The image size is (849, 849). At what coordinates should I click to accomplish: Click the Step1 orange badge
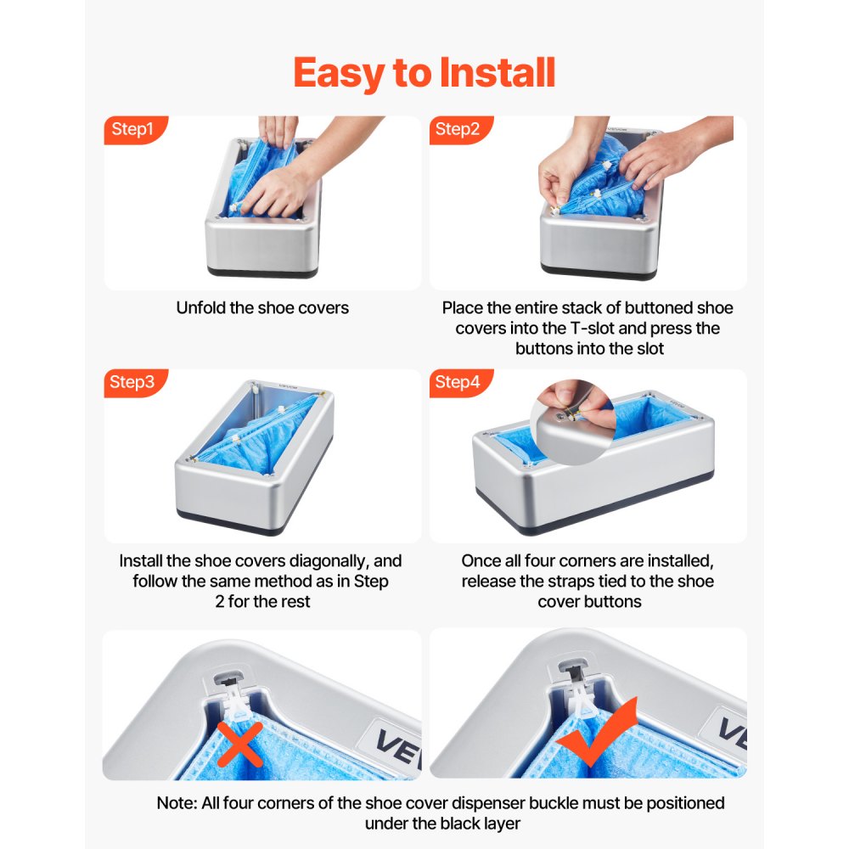pyautogui.click(x=133, y=130)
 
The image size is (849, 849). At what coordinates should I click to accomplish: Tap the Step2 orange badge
pyautogui.click(x=458, y=130)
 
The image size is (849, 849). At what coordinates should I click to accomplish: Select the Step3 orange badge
pyautogui.click(x=133, y=382)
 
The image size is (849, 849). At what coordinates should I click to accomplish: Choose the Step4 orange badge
pyautogui.click(x=458, y=382)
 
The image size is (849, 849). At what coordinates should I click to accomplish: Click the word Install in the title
pyautogui.click(x=498, y=73)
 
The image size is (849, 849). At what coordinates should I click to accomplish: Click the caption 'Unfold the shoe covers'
pyautogui.click(x=262, y=308)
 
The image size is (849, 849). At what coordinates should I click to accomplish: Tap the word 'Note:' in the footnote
pyautogui.click(x=177, y=803)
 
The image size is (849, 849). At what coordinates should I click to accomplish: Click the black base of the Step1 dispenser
pyautogui.click(x=263, y=272)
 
